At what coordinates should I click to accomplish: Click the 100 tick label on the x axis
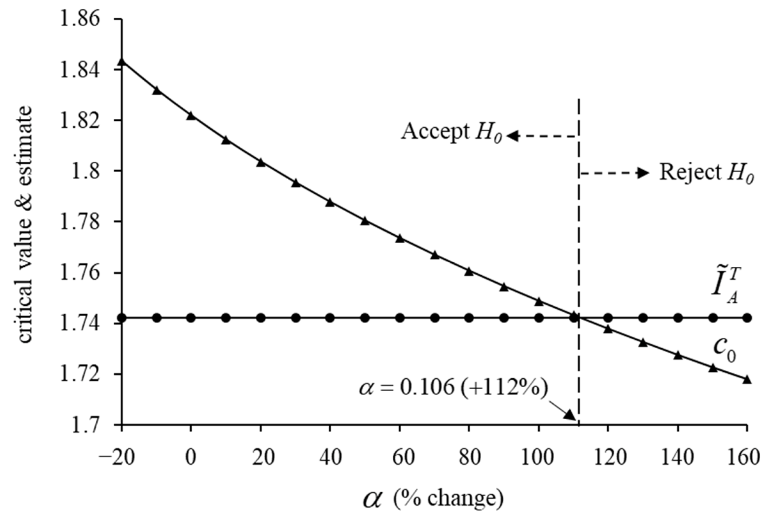[x=538, y=458]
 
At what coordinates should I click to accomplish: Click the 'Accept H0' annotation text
[x=452, y=133]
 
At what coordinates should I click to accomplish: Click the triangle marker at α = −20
[x=122, y=61]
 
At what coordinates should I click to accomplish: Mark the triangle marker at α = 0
[x=191, y=116]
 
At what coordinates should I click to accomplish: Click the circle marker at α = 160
[x=747, y=318]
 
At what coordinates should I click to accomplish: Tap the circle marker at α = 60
[x=400, y=318]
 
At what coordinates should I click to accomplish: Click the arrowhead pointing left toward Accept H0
[x=512, y=136]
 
